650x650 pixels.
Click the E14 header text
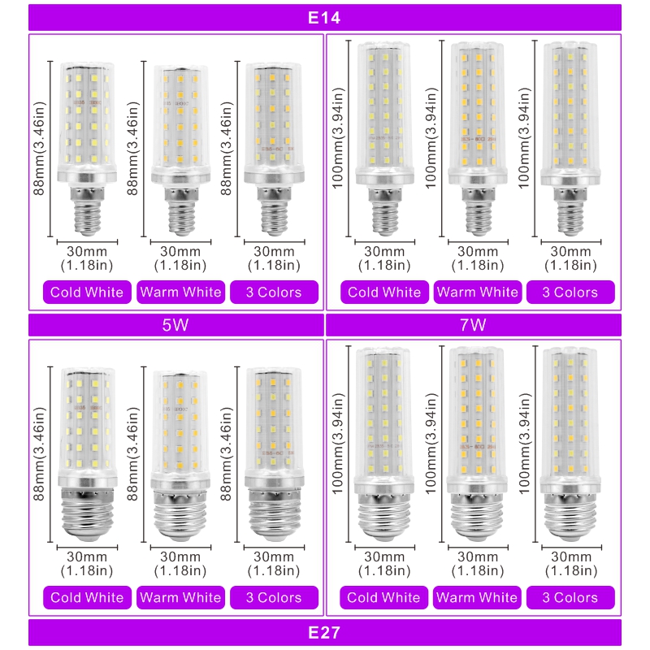(x=324, y=18)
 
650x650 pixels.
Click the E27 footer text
(x=324, y=633)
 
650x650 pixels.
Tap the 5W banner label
(x=175, y=324)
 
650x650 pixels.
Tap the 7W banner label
(x=473, y=324)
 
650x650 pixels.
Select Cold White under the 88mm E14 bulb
(x=87, y=292)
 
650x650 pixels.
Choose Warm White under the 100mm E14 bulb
(x=478, y=292)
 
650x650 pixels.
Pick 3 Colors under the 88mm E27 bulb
(x=274, y=597)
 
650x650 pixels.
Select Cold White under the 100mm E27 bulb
(x=383, y=597)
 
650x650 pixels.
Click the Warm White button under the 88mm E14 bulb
(x=180, y=292)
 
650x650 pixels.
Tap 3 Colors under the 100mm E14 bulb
(x=570, y=292)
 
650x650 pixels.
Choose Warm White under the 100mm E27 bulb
(x=477, y=597)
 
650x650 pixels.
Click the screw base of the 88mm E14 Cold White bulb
(x=88, y=211)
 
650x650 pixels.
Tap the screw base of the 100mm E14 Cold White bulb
(x=385, y=212)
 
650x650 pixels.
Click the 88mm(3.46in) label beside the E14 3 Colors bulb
(x=226, y=149)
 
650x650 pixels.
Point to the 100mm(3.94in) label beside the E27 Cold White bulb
(x=338, y=444)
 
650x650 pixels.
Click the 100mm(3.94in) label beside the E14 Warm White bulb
(x=431, y=138)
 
